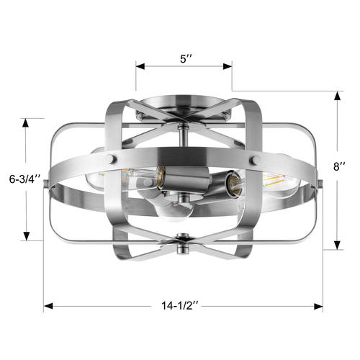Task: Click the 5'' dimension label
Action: point(186,58)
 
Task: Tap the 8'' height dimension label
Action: point(339,166)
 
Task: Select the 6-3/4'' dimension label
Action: point(24,179)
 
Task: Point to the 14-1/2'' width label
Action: point(179,306)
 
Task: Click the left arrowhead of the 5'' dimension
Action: point(140,66)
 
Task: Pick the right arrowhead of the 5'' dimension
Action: point(228,66)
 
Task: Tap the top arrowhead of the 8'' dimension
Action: point(337,96)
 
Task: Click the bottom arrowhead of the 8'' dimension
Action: point(337,245)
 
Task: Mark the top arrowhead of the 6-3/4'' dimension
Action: point(25,123)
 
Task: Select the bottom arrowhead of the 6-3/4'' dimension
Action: point(27,236)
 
